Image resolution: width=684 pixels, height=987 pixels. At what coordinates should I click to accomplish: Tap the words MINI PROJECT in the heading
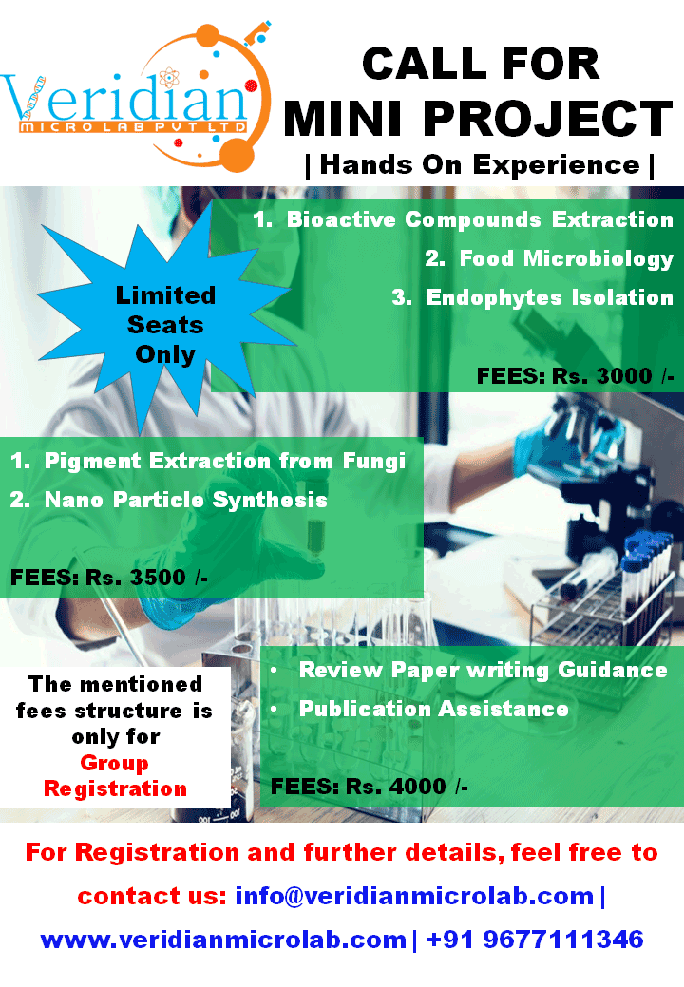pyautogui.click(x=479, y=118)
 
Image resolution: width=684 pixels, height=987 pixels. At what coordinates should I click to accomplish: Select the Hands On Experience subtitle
pyautogui.click(x=480, y=165)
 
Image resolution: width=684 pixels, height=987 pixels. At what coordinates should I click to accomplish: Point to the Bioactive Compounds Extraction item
pyautogui.click(x=464, y=219)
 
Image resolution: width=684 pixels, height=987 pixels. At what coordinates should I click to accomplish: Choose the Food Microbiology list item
pyautogui.click(x=549, y=258)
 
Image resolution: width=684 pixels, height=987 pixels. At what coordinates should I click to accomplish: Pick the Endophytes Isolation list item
pyautogui.click(x=532, y=297)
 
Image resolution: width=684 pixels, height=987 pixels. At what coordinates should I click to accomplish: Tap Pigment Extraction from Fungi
pyautogui.click(x=208, y=462)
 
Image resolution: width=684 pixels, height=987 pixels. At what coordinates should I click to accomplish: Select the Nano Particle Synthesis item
pyautogui.click(x=169, y=500)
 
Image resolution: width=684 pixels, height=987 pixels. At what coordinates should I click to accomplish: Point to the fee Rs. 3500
pyautogui.click(x=135, y=578)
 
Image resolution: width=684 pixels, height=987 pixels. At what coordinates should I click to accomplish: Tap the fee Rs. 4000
pyautogui.click(x=396, y=787)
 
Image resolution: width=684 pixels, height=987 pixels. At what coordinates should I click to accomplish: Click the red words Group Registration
pyautogui.click(x=115, y=776)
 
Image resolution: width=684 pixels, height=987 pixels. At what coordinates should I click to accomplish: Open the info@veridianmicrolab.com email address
pyautogui.click(x=414, y=896)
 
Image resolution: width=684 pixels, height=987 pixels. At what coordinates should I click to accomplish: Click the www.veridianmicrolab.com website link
pyautogui.click(x=222, y=940)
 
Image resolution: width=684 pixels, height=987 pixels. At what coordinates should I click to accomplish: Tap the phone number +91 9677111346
pyautogui.click(x=535, y=940)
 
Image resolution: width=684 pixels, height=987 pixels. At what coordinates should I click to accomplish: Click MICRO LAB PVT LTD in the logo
pyautogui.click(x=133, y=127)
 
